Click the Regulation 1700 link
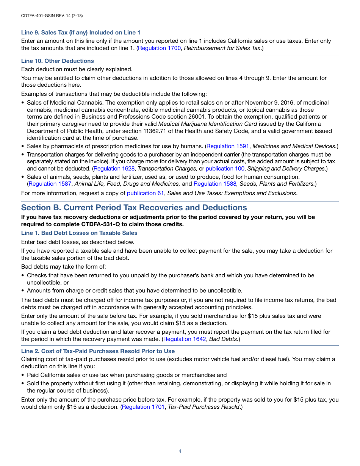point(159,48)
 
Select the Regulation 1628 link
point(114,169)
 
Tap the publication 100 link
point(225,169)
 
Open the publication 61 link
point(146,193)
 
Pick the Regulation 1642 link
point(185,339)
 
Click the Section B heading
point(134,208)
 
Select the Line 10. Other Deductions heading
point(57,61)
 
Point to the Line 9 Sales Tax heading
point(81,33)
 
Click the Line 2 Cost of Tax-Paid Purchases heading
point(98,351)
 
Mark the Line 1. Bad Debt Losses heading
point(79,233)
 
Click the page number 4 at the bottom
point(180,451)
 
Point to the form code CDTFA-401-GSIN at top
point(52,16)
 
